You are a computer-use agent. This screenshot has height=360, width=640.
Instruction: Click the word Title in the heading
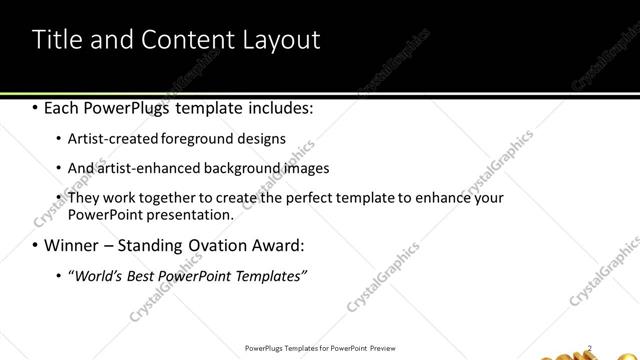(x=57, y=40)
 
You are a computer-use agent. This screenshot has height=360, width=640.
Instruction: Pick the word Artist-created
(x=111, y=139)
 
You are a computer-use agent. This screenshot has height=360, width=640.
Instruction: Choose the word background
(x=247, y=168)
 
